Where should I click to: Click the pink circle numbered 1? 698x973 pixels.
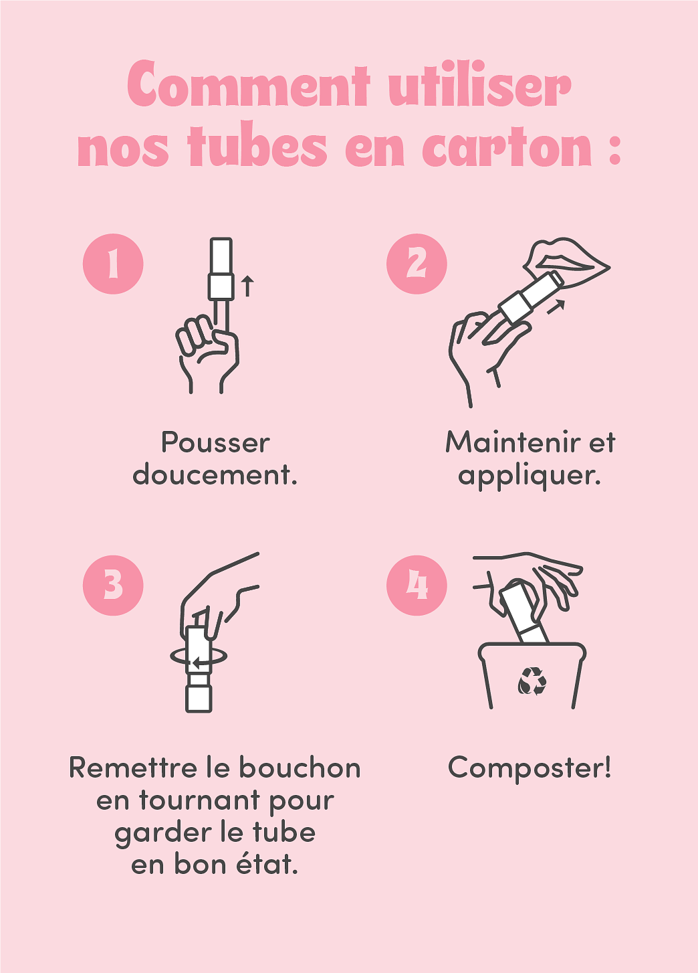[x=113, y=264]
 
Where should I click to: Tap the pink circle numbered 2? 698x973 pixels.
[x=417, y=264]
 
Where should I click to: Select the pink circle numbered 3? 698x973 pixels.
[x=113, y=586]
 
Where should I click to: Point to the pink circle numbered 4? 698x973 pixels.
[x=417, y=586]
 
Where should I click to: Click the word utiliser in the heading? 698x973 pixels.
[x=479, y=86]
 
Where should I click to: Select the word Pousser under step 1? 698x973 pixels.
[x=215, y=443]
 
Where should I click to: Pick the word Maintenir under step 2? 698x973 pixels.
[x=511, y=443]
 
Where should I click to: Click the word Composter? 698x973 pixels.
[x=529, y=768]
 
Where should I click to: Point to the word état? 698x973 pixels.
[x=267, y=864]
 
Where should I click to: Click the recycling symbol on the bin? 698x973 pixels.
[x=532, y=681]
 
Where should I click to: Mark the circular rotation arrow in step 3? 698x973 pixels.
[x=199, y=658]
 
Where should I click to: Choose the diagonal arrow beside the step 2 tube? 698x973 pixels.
[x=556, y=306]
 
